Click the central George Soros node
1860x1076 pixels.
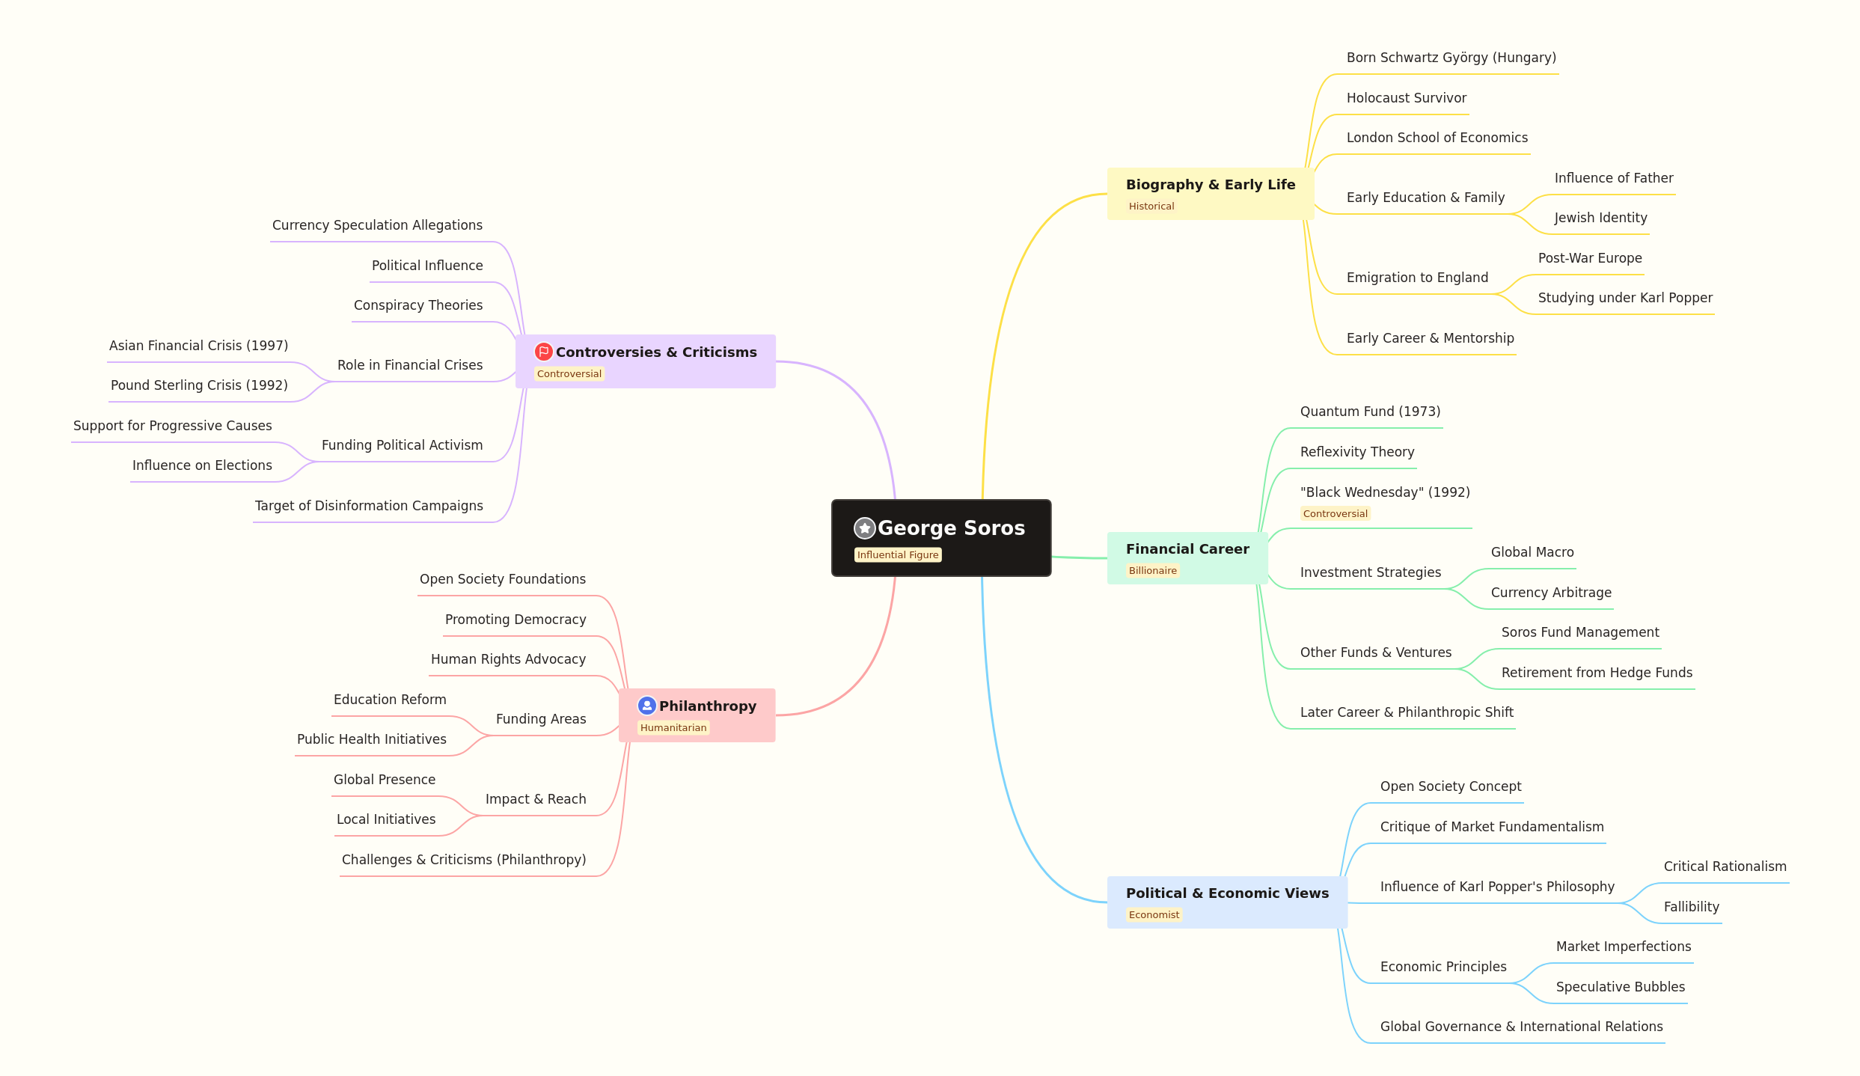(x=941, y=538)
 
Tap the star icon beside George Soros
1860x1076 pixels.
(x=865, y=528)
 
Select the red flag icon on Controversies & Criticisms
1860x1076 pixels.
(x=544, y=352)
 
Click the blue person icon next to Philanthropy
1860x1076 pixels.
(x=647, y=706)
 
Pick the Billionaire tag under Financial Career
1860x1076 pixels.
(x=1153, y=571)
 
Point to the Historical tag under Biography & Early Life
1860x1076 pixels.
(x=1151, y=207)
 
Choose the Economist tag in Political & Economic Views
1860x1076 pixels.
(x=1154, y=915)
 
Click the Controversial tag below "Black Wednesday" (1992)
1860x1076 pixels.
(x=1336, y=514)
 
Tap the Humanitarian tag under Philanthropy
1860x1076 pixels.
(x=673, y=728)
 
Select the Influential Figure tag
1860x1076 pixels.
(x=898, y=555)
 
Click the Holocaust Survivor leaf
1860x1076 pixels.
(x=1407, y=98)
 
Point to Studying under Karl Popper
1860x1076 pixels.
(x=1625, y=298)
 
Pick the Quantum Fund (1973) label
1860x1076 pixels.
(x=1370, y=412)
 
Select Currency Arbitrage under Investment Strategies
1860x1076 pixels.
(x=1551, y=593)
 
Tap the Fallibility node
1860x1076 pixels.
(x=1692, y=907)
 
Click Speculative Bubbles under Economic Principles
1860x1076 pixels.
(x=1621, y=987)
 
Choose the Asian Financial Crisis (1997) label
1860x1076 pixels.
(x=198, y=346)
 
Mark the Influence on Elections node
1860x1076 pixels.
(x=202, y=465)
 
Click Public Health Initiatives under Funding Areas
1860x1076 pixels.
(x=372, y=739)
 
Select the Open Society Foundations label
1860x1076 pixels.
(x=503, y=579)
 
